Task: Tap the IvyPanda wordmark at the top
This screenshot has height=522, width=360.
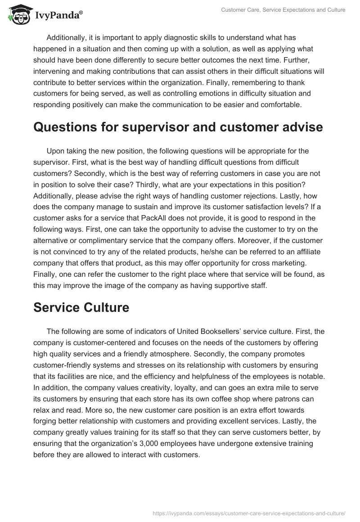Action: (58, 16)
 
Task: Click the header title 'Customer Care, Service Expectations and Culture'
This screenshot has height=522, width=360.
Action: (283, 10)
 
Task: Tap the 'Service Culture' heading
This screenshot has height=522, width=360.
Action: (81, 307)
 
